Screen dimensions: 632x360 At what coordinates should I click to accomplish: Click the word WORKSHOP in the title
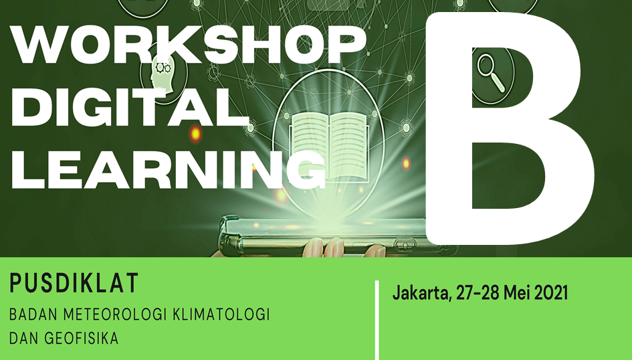coord(189,45)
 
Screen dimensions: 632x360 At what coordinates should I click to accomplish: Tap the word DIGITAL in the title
coord(130,107)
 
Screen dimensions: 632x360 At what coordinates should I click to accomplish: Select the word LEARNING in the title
coord(169,169)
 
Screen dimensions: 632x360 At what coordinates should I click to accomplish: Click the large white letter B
coord(510,128)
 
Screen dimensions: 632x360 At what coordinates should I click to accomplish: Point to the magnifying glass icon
coord(491,73)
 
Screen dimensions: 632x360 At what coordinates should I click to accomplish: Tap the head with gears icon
coord(163,74)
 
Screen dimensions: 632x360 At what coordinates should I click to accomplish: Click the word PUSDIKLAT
coord(74,283)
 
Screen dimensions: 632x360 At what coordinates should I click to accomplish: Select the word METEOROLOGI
coord(116,314)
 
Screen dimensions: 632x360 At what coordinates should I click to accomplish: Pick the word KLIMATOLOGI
coord(221,314)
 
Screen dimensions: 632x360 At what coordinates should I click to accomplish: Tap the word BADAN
coord(33,314)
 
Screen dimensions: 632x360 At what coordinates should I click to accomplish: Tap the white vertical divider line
coord(377,320)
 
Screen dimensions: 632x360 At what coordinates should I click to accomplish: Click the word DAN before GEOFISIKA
coord(24,338)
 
